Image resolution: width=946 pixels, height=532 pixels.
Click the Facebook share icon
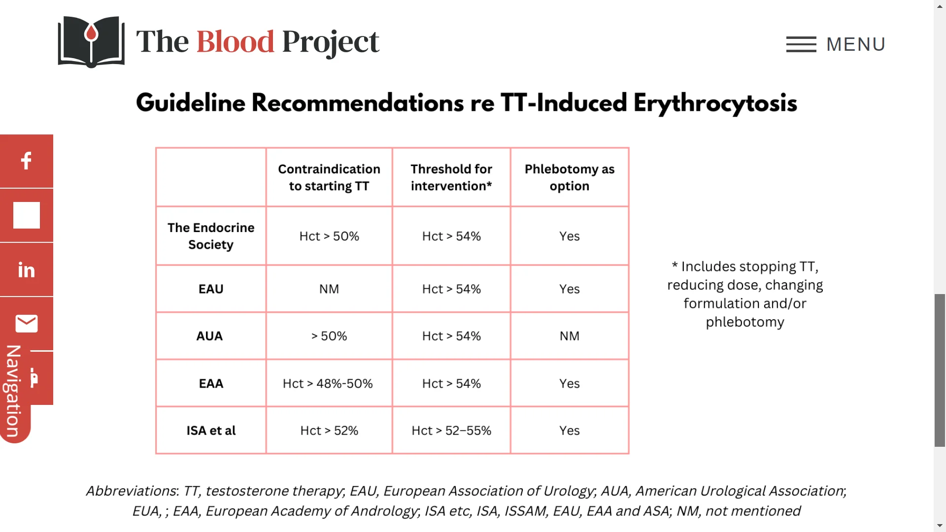click(27, 161)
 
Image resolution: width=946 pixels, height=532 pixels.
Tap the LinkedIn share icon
click(27, 269)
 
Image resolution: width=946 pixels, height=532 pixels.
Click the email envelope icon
click(27, 324)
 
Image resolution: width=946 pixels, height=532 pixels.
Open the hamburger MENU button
click(836, 44)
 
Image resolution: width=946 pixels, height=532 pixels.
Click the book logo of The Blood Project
click(91, 42)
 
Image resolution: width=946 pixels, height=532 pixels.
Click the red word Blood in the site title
click(235, 41)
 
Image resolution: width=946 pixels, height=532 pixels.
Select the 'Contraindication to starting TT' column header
click(329, 177)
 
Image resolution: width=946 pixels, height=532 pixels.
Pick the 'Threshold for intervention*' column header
click(451, 177)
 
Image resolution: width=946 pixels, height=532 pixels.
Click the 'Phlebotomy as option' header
click(570, 177)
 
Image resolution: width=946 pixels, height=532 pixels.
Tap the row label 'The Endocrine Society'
click(211, 236)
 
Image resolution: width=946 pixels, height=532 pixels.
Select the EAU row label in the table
click(211, 289)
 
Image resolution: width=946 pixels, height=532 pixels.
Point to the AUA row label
click(209, 336)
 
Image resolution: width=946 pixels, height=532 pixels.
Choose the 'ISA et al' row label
click(211, 431)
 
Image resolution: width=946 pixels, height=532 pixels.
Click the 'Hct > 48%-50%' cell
click(328, 383)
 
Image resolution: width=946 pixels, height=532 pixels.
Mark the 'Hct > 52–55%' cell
click(451, 431)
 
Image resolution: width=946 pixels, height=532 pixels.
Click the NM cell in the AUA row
click(570, 336)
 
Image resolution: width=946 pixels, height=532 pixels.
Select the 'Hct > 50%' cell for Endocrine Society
click(329, 236)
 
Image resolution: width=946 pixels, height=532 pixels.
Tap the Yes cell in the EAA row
click(570, 383)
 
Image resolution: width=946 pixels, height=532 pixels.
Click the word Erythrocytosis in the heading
click(715, 103)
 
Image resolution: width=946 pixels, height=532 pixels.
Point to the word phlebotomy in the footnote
click(745, 322)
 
